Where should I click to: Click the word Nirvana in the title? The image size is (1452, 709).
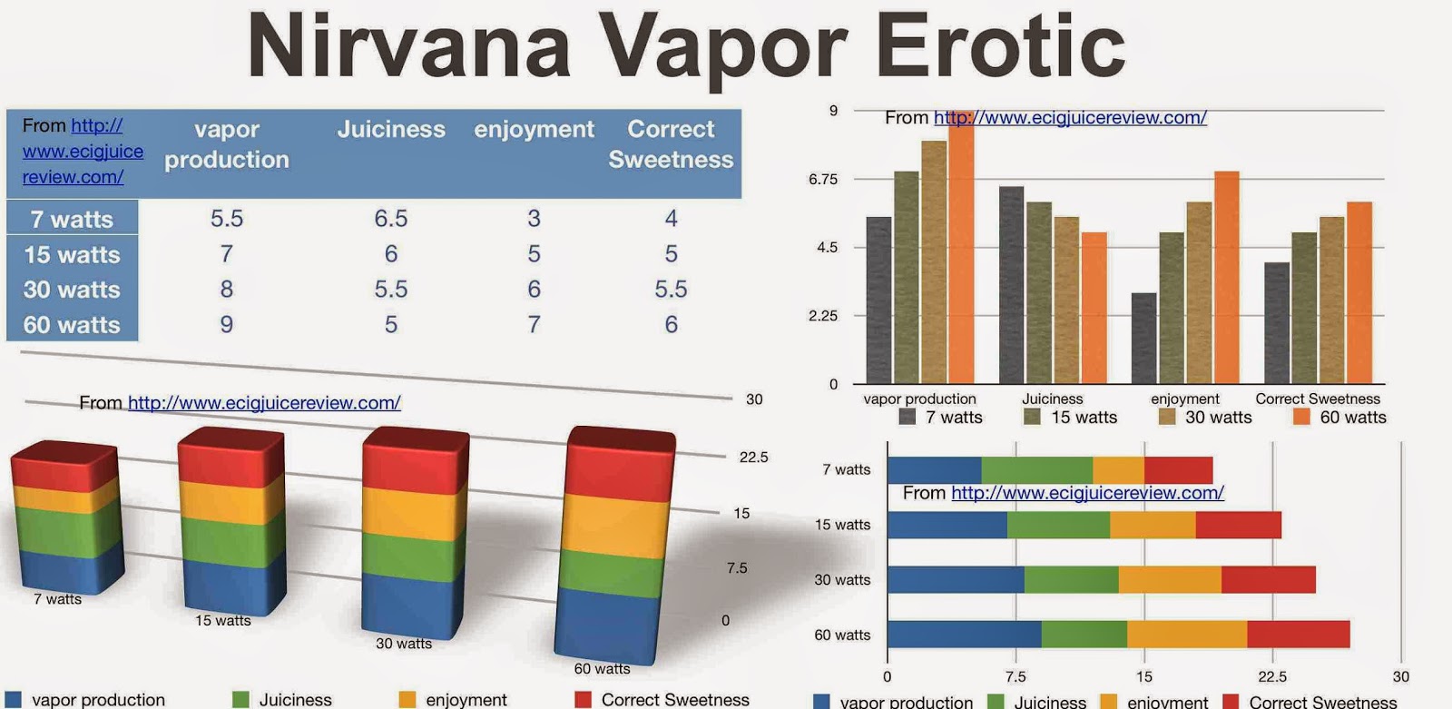click(409, 46)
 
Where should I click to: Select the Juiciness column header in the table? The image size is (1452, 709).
click(391, 129)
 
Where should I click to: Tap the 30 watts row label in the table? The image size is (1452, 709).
click(72, 290)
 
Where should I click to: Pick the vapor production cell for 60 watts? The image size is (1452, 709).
click(226, 324)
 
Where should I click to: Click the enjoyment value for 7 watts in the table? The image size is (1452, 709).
click(534, 219)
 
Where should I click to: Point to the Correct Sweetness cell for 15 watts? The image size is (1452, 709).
click(671, 253)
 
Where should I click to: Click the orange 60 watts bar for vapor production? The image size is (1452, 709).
click(961, 247)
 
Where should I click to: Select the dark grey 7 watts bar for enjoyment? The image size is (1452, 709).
click(1144, 338)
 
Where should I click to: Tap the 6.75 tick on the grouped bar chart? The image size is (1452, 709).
click(823, 179)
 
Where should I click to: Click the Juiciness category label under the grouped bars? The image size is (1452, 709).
click(1052, 399)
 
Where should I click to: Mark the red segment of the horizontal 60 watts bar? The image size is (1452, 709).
click(1299, 635)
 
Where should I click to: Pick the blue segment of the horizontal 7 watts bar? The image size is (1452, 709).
click(934, 470)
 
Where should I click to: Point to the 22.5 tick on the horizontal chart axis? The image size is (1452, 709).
click(1272, 676)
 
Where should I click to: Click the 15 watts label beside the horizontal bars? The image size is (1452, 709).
click(843, 525)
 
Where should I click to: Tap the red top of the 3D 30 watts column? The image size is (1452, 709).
click(416, 459)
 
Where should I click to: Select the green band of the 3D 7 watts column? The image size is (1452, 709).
click(69, 530)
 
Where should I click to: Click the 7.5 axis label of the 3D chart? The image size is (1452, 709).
click(737, 568)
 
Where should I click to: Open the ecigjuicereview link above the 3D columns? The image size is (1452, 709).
click(264, 403)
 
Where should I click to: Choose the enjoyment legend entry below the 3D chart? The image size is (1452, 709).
click(453, 699)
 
